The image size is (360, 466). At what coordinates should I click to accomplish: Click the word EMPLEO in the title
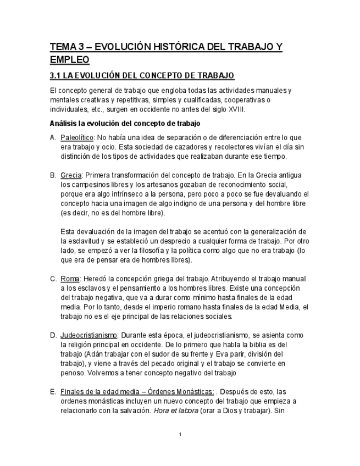click(70, 59)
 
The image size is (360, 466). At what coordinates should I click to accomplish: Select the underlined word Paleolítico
click(78, 137)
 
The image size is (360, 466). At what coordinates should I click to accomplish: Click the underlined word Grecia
click(71, 175)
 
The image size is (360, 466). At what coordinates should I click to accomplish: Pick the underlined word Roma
click(70, 279)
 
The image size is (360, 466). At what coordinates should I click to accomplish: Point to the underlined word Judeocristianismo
click(89, 335)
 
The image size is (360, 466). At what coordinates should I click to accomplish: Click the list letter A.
click(53, 137)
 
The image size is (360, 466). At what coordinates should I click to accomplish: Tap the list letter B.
click(53, 175)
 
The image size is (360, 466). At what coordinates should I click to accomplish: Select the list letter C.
click(53, 279)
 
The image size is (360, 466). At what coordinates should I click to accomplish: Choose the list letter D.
click(53, 335)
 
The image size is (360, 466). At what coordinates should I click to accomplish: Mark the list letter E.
click(53, 392)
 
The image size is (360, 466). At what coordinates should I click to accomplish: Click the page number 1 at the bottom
click(180, 435)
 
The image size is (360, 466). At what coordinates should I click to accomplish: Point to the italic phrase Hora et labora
click(177, 410)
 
